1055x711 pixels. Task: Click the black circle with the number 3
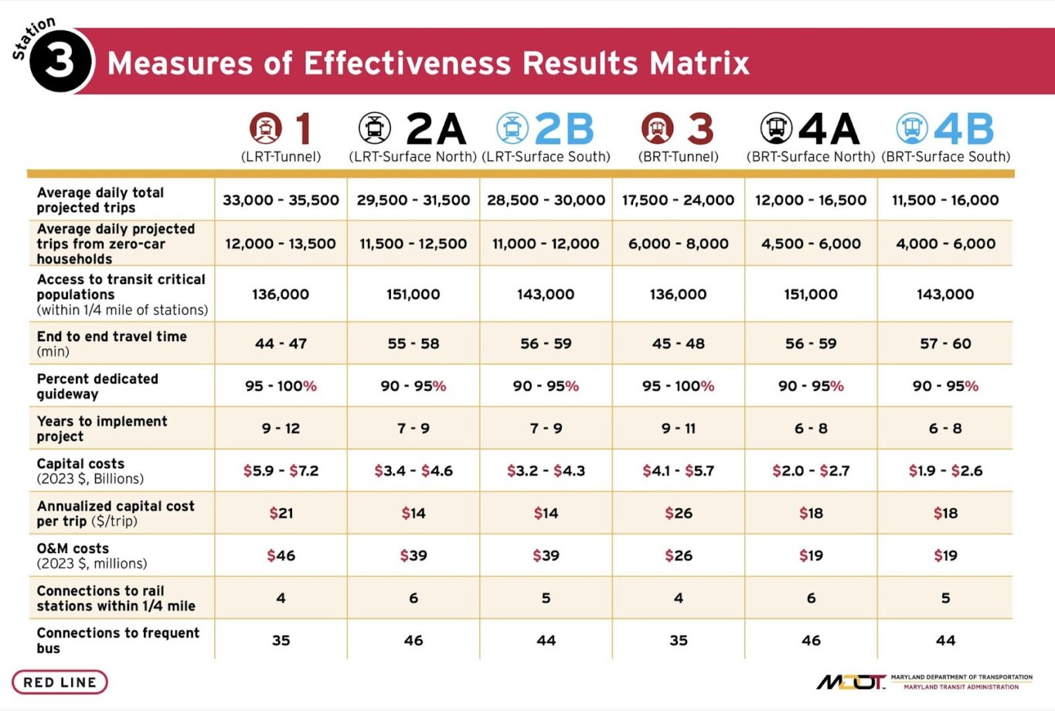[60, 61]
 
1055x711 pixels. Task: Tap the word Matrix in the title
[699, 63]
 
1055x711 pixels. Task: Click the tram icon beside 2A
[374, 128]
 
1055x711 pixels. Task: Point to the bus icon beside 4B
[911, 128]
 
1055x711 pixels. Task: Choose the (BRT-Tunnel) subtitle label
[679, 156]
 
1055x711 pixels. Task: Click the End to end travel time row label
[111, 344]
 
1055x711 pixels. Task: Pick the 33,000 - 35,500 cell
[281, 200]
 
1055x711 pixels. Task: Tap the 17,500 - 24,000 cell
[679, 200]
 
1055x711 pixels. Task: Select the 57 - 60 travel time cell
[945, 344]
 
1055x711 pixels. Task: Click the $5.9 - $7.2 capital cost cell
[281, 470]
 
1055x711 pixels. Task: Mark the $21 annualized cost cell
[281, 513]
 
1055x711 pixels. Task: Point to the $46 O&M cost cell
[281, 555]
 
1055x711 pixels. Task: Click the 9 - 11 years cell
[679, 428]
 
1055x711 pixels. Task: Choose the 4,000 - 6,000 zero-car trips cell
[945, 244]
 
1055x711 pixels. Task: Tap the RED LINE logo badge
[60, 682]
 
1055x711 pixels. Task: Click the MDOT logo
[851, 682]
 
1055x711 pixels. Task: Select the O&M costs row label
[91, 555]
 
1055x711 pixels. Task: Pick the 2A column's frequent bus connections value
[413, 641]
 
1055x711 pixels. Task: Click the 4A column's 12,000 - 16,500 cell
[811, 200]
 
